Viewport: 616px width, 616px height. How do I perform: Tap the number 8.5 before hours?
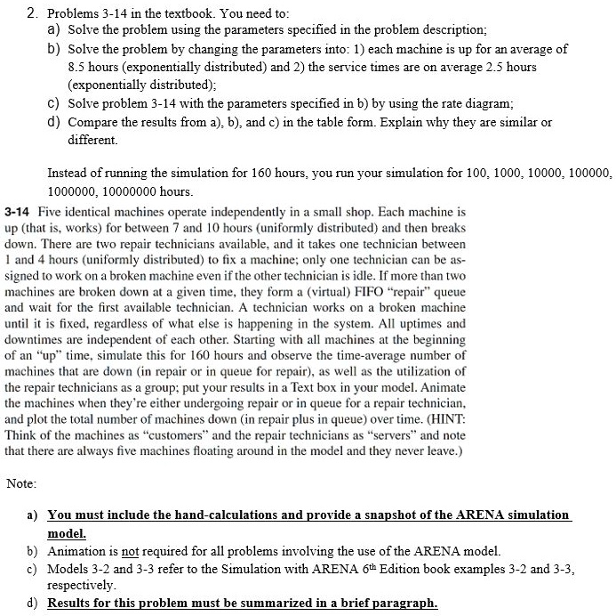(x=78, y=67)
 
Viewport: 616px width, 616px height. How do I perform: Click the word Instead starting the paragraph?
(x=68, y=173)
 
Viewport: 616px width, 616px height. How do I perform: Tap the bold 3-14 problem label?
(x=19, y=214)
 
